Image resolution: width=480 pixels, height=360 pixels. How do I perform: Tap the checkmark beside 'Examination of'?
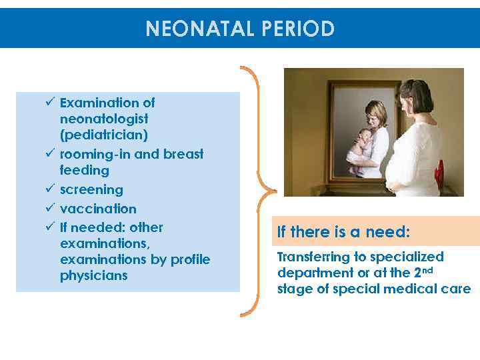click(50, 103)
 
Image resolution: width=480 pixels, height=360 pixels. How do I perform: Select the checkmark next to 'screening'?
click(50, 190)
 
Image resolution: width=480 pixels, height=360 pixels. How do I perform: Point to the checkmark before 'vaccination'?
click(50, 209)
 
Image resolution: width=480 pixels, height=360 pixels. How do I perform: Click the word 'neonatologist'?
click(104, 119)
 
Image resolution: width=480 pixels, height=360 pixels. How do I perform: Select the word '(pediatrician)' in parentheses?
click(104, 135)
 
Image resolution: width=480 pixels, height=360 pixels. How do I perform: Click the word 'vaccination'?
click(98, 209)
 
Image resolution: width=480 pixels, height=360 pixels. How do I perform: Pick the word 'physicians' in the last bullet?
click(93, 275)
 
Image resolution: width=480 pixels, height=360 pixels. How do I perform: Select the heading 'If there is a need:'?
click(343, 232)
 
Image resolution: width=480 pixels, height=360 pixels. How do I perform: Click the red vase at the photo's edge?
click(439, 175)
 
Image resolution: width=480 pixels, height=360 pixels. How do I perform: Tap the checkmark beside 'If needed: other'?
click(50, 227)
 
